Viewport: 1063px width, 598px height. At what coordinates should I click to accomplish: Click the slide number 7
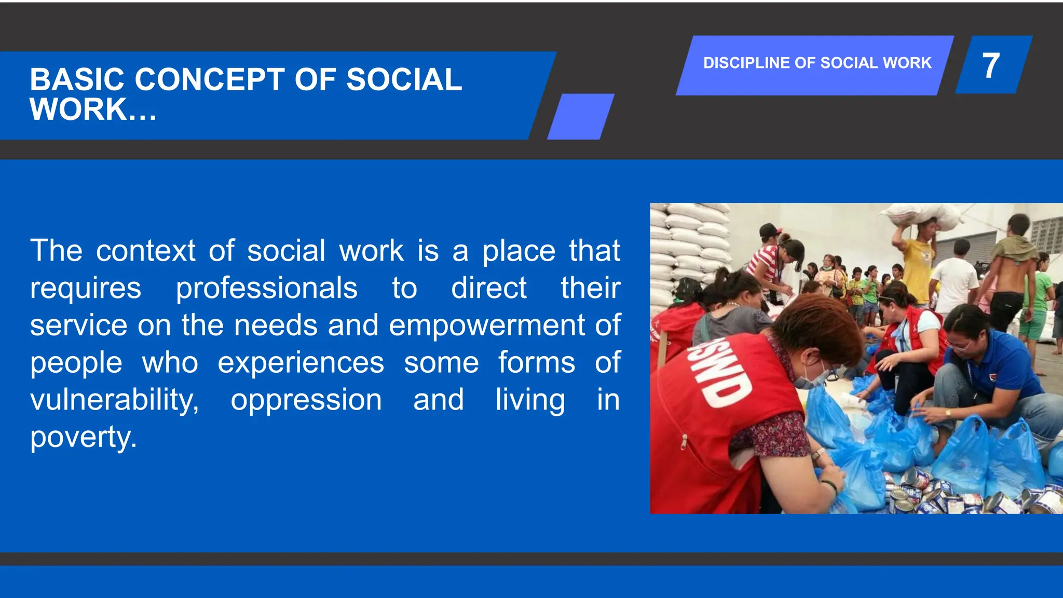tap(991, 66)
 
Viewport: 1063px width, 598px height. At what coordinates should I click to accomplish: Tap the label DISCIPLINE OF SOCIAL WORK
tap(817, 63)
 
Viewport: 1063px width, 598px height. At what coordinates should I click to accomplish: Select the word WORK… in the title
tap(93, 110)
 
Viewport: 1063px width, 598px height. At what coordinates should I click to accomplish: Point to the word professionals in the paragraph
tap(266, 289)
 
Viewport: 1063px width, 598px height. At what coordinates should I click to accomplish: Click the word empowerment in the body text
tap(487, 326)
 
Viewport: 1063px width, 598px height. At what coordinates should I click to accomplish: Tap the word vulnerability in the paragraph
tap(114, 400)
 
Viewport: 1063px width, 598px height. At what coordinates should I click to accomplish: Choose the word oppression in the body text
tap(306, 400)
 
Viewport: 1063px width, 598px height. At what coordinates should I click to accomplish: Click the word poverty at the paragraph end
tap(83, 438)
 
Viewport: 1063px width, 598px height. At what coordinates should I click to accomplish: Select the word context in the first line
tap(146, 251)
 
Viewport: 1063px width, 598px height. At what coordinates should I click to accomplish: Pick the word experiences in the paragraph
tap(301, 363)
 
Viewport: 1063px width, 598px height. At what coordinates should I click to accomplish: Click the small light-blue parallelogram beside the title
tap(580, 116)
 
